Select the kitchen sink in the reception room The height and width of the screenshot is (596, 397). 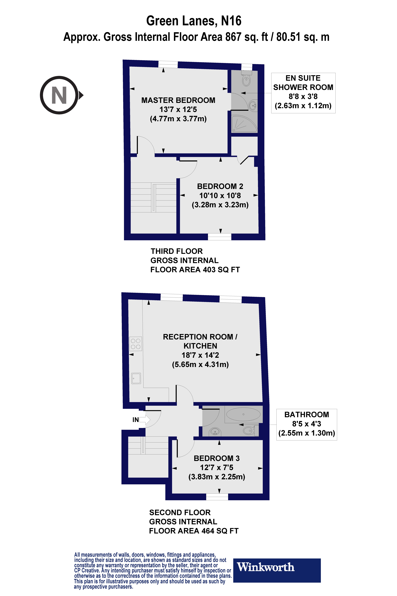click(x=136, y=378)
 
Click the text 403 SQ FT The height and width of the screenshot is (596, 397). click(x=221, y=270)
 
